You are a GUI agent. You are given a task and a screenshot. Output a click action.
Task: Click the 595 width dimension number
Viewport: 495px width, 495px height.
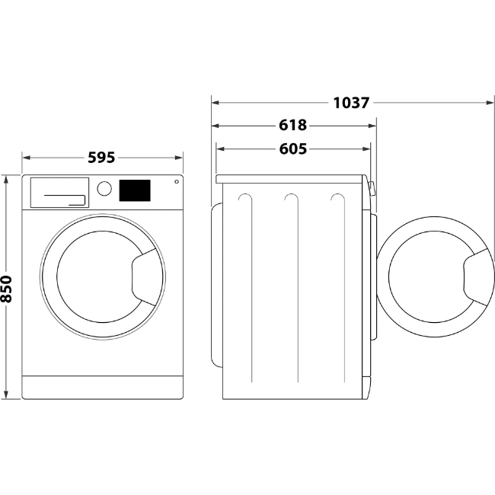click(101, 158)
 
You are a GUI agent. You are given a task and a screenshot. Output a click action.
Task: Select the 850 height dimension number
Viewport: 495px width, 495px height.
click(7, 289)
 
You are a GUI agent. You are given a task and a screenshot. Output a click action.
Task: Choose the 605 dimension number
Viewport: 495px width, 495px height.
click(293, 149)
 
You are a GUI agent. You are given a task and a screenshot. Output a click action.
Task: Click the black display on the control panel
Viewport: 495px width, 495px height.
click(134, 190)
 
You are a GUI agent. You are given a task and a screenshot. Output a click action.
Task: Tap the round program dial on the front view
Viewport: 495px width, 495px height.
click(104, 188)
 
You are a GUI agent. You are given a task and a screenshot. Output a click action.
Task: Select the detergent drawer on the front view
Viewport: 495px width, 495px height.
click(59, 192)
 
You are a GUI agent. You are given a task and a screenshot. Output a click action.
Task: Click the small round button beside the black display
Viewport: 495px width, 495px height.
click(177, 182)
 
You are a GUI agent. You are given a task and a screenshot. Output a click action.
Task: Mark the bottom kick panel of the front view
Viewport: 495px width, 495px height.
click(102, 387)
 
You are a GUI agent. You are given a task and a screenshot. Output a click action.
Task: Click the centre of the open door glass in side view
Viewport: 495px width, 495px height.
click(427, 276)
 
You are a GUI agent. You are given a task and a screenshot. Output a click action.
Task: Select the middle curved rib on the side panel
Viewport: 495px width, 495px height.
click(291, 200)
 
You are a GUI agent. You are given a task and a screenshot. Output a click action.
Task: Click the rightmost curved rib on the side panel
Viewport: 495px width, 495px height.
click(336, 200)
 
